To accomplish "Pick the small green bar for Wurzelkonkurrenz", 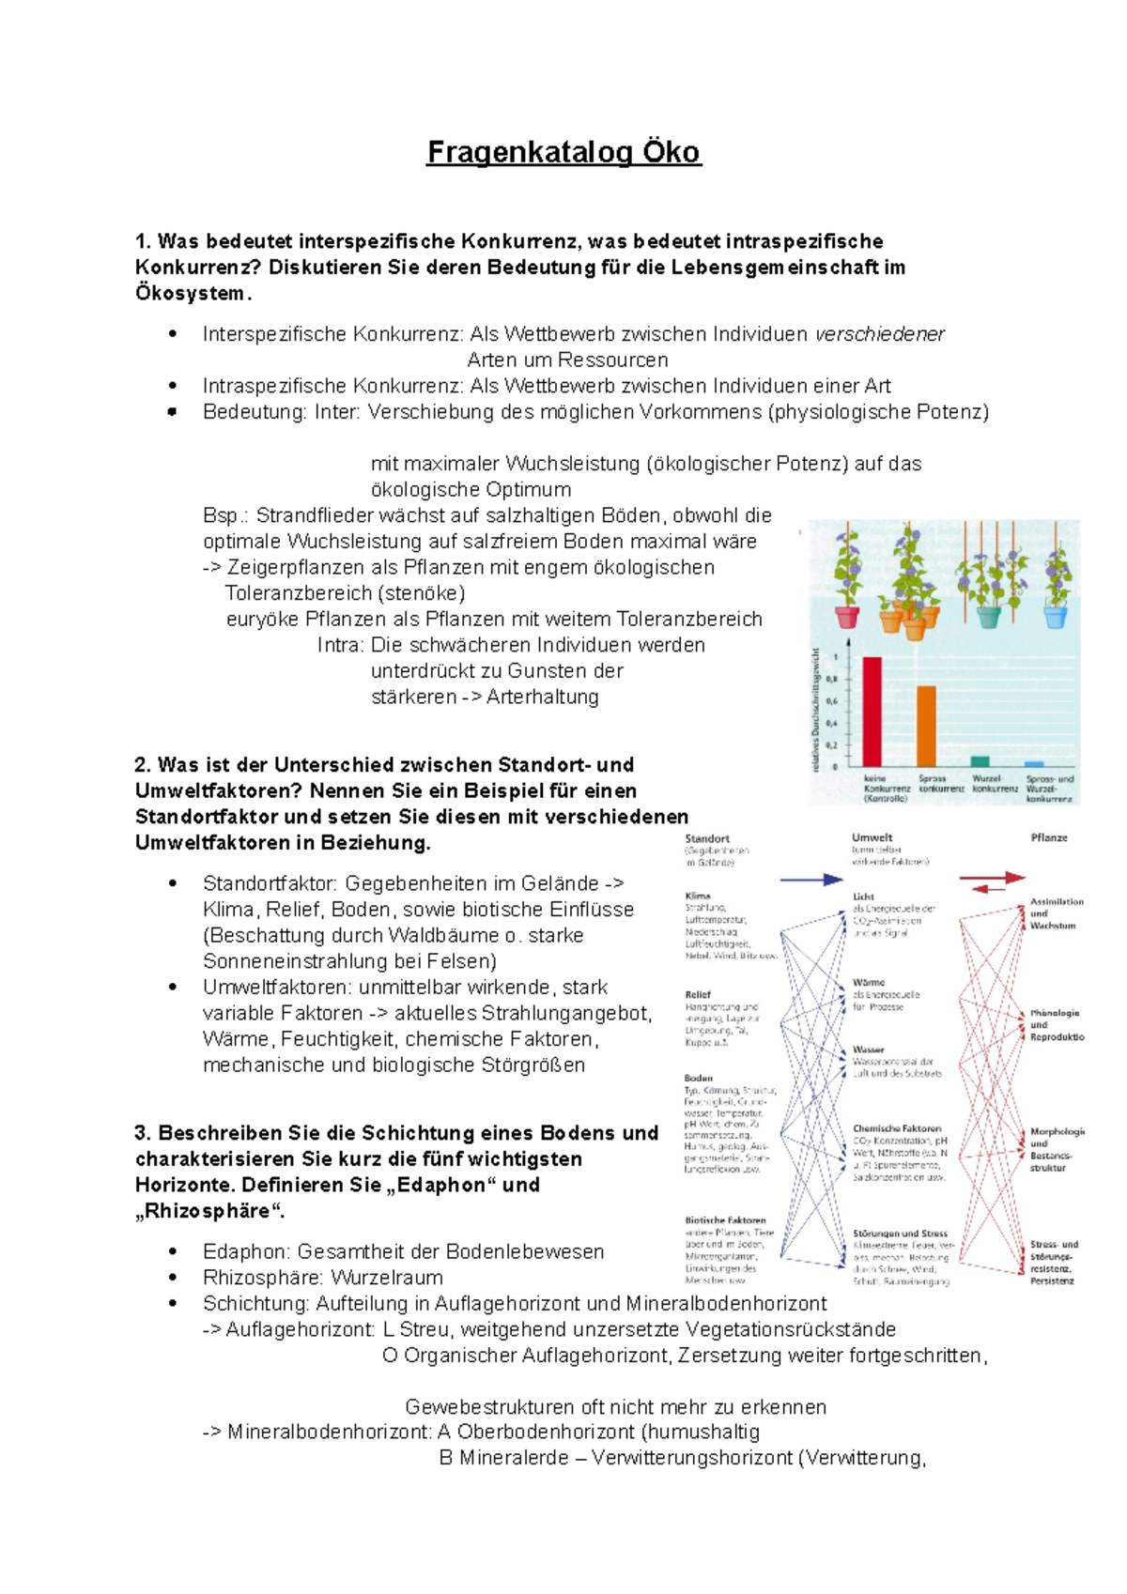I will pos(980,761).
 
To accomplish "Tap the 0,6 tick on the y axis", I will pos(832,701).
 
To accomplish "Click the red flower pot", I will pos(847,617).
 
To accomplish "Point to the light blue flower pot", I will pos(1056,617).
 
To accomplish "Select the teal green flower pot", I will pos(989,617).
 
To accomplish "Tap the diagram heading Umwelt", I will pos(872,837).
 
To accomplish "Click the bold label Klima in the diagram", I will pos(698,896).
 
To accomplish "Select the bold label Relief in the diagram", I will pos(698,994).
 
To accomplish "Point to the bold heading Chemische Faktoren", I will pos(897,1128).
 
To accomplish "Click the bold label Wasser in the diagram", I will pos(869,1050).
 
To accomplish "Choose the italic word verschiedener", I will pos(879,334).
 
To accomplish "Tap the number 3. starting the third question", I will pos(143,1133).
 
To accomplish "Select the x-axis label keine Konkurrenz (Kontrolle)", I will pos(886,789).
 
